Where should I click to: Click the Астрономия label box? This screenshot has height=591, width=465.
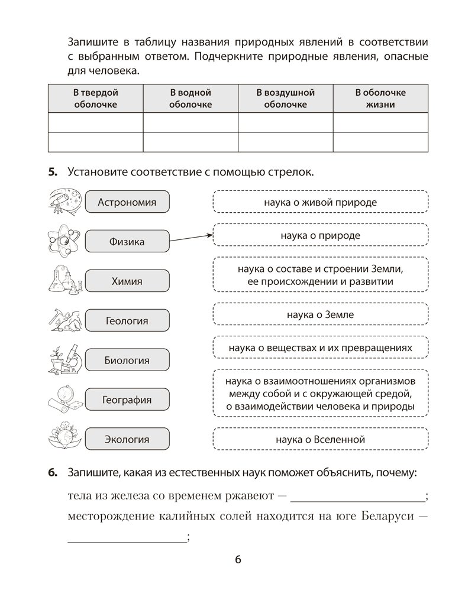click(x=127, y=202)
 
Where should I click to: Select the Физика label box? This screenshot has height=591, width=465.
click(x=127, y=242)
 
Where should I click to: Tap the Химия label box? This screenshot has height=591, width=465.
click(x=127, y=281)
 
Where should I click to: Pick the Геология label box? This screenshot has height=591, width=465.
click(x=127, y=321)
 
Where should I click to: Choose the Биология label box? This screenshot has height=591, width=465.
click(x=127, y=360)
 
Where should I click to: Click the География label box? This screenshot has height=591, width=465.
click(x=127, y=400)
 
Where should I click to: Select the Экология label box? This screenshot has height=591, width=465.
click(x=127, y=439)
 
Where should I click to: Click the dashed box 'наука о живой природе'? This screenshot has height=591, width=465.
click(x=320, y=202)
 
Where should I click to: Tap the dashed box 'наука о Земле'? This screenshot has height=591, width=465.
click(x=320, y=314)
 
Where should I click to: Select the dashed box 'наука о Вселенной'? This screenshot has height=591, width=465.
click(x=320, y=439)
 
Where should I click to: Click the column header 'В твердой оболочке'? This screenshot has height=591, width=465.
click(x=95, y=99)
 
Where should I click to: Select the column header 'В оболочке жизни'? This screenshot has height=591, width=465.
click(x=380, y=99)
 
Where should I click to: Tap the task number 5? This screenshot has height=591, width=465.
click(x=52, y=172)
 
